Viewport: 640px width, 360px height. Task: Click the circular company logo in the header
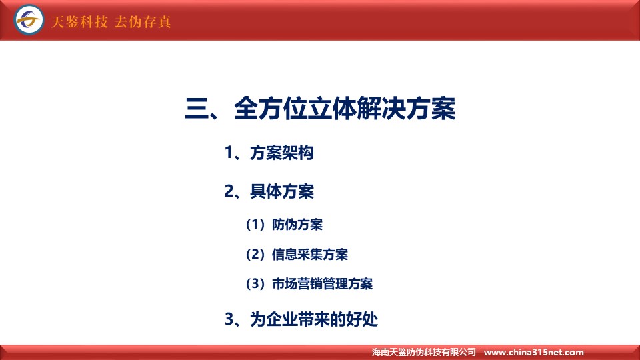[x=29, y=19]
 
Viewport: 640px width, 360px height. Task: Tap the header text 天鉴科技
[x=79, y=21]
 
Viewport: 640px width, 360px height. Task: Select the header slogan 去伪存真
[x=143, y=21]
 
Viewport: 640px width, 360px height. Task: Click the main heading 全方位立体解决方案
[x=345, y=109]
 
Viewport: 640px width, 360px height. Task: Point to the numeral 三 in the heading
[x=197, y=109]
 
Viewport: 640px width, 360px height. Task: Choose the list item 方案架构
[x=281, y=153]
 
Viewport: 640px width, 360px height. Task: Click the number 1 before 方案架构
[x=229, y=153]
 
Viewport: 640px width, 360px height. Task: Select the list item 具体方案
[x=281, y=191]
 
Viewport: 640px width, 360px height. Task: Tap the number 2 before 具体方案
[x=229, y=191]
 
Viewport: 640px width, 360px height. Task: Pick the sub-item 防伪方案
[x=297, y=225]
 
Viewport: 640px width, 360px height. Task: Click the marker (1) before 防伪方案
[x=255, y=225]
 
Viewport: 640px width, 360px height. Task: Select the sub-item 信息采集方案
[x=310, y=254]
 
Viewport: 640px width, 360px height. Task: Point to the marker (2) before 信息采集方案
[x=255, y=254]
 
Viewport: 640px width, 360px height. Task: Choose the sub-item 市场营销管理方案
[x=323, y=284]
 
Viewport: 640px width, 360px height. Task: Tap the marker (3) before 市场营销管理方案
[x=255, y=284]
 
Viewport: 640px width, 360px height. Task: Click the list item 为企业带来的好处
[x=314, y=319]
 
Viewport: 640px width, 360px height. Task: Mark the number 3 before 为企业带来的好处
[x=229, y=319]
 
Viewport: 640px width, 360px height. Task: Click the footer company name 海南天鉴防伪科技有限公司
[x=424, y=352]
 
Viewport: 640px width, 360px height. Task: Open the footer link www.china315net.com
[x=534, y=352]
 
